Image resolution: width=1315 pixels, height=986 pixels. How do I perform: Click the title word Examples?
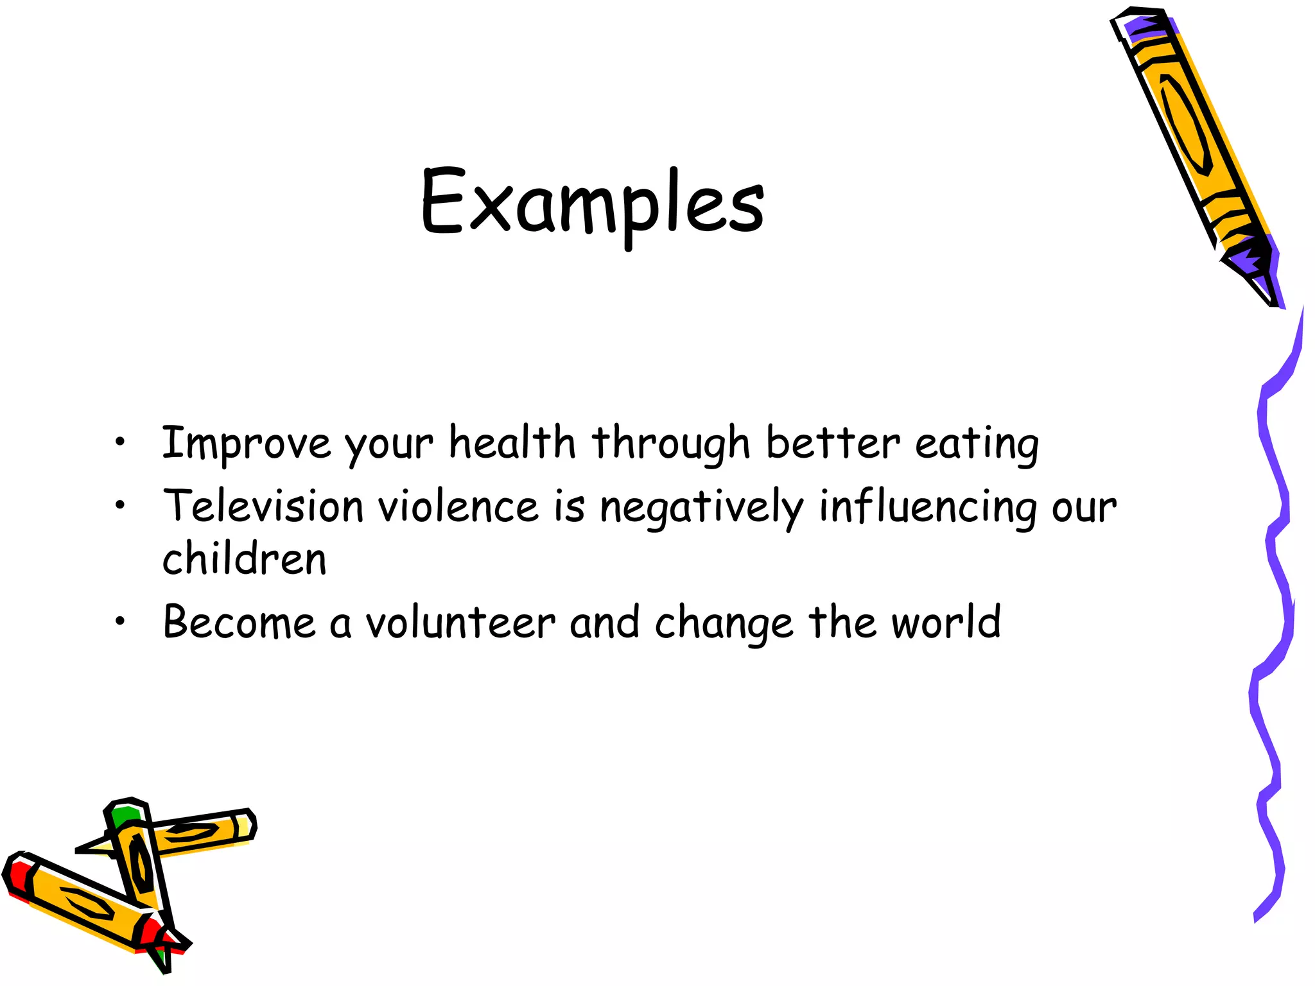592,202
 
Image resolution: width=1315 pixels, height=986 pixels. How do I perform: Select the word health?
512,443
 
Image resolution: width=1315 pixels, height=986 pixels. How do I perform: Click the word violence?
458,506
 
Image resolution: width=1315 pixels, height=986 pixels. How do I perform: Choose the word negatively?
701,507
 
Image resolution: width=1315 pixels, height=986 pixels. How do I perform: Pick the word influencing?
927,507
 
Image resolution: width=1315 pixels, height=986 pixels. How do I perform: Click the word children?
244,558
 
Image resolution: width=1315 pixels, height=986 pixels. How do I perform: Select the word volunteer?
460,622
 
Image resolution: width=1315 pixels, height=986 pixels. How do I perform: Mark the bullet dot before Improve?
119,442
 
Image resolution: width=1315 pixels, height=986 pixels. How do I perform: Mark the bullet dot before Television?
119,506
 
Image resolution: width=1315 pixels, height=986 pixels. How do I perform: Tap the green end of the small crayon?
123,817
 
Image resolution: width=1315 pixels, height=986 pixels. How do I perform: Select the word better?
833,443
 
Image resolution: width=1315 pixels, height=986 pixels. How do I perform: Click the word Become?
239,622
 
